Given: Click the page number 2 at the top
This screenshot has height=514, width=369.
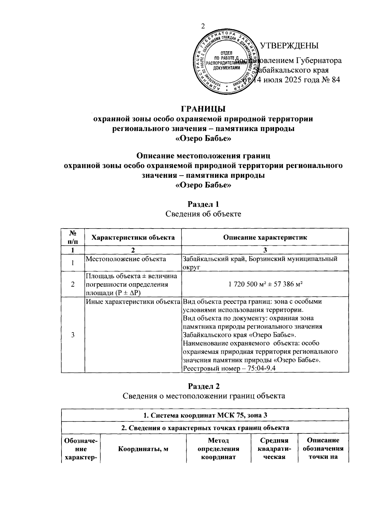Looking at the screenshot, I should (x=203, y=26).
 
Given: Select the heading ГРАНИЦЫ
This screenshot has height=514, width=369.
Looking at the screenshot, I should (x=203, y=109).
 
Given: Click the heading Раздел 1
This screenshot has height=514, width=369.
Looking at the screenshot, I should (x=203, y=204).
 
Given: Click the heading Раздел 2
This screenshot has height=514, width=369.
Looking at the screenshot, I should (x=204, y=386).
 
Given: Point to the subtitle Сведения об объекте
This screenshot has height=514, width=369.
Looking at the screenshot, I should (x=203, y=214).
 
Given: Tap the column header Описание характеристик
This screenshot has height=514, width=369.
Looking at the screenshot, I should (x=265, y=237).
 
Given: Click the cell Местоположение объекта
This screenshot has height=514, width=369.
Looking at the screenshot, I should (x=126, y=259).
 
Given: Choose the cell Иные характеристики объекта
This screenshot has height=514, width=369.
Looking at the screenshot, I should (x=133, y=302).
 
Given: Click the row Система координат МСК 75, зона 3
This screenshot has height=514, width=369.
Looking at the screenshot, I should (x=205, y=415).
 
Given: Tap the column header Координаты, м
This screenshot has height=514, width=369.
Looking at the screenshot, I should (x=143, y=449).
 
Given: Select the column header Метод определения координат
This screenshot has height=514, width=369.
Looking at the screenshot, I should (x=218, y=449).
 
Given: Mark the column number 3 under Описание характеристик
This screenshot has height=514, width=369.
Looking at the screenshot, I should (x=265, y=250).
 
